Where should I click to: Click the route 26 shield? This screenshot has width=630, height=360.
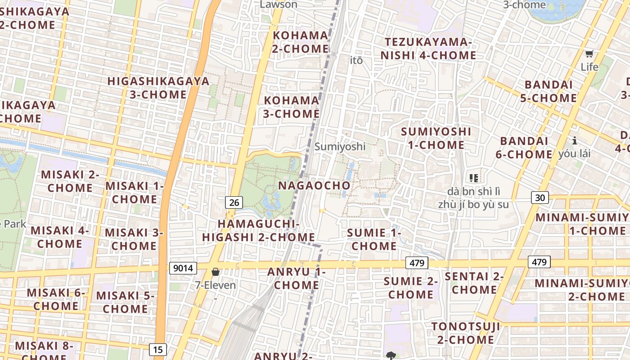coord(234,202)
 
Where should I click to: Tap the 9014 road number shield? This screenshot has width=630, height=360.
coord(183,268)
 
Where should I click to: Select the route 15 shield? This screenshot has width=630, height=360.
coord(158,349)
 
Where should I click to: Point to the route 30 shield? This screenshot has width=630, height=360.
coord(540,197)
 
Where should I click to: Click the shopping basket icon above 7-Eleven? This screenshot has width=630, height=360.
coord(216,272)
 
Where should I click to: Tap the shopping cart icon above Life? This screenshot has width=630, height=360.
coord(589,54)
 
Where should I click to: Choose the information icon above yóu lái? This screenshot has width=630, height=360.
coord(574,140)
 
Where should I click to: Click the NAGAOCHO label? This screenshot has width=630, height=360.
coord(314,185)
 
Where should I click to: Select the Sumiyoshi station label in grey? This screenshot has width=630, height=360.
coord(340,147)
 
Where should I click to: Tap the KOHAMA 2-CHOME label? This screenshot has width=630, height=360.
coord(301,42)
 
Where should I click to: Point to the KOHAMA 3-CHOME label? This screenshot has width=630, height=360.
coord(291,107)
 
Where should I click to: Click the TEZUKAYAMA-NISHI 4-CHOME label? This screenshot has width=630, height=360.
coord(428,49)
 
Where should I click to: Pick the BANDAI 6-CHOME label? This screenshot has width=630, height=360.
coord(524,148)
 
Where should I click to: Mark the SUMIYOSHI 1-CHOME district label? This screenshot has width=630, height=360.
coord(436,138)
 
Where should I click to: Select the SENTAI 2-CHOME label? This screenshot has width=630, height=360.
coord(474,283)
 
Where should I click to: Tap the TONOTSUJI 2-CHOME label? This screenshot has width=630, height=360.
coord(465,333)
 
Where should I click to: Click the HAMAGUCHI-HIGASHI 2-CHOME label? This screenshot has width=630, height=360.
coord(258,230)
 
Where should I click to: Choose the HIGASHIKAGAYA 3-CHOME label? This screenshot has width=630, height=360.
coord(158,88)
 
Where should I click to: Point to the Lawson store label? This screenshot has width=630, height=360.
coord(279,4)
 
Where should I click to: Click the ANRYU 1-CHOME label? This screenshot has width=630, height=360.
coord(296,278)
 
